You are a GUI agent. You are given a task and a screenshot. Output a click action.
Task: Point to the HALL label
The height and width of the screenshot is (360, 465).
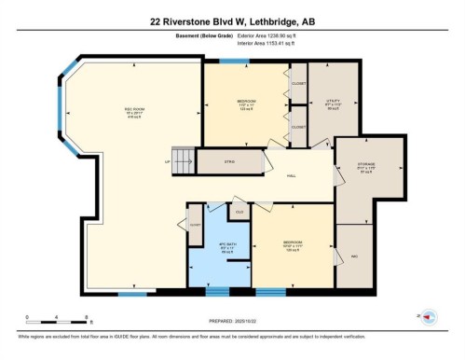point(291,174)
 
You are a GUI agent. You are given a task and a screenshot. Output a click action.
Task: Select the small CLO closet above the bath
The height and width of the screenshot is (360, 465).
point(239,213)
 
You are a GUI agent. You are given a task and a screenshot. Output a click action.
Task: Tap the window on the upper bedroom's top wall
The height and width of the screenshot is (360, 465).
point(235,62)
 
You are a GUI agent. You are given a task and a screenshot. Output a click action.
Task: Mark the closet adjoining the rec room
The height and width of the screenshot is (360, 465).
point(195,225)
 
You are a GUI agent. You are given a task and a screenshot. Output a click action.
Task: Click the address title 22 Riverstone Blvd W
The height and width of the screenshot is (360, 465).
point(232,20)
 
